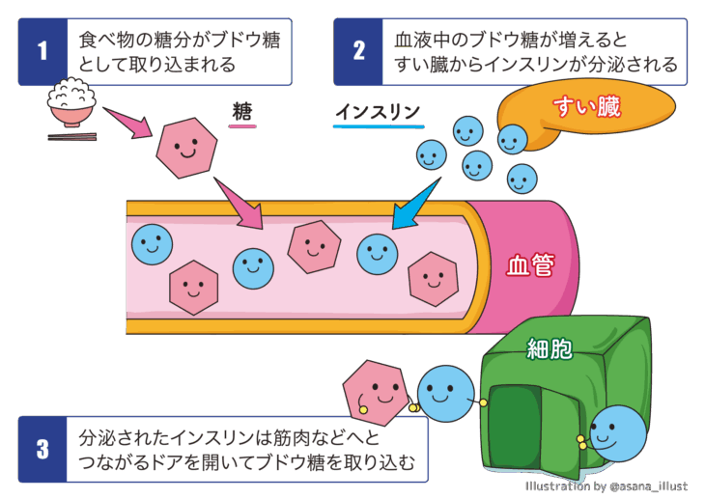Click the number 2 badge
pyautogui.click(x=358, y=52)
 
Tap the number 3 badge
pyautogui.click(x=42, y=449)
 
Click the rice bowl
pyautogui.click(x=73, y=106)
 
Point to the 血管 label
pyautogui.click(x=529, y=265)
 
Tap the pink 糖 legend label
pyautogui.click(x=242, y=113)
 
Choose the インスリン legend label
pyautogui.click(x=378, y=113)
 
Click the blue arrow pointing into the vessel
pyautogui.click(x=412, y=202)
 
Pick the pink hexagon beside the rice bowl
pyautogui.click(x=187, y=148)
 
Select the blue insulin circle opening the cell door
pyautogui.click(x=614, y=435)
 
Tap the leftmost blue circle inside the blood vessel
pyautogui.click(x=152, y=244)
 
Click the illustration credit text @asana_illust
pyautogui.click(x=648, y=485)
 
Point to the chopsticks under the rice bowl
pyautogui.click(x=72, y=137)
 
